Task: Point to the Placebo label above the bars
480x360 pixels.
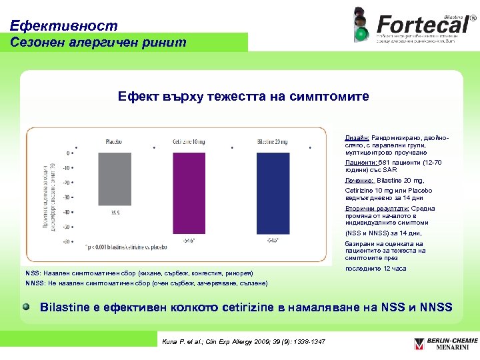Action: pyautogui.click(x=113, y=141)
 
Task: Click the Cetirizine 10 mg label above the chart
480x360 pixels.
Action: pyautogui.click(x=192, y=141)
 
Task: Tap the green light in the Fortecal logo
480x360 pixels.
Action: pyautogui.click(x=361, y=33)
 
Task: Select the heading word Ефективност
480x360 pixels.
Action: pyautogui.click(x=64, y=26)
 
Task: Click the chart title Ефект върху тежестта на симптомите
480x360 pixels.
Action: pyautogui.click(x=243, y=97)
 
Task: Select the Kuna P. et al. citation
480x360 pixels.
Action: pyautogui.click(x=244, y=342)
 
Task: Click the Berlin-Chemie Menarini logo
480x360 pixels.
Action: pyautogui.click(x=441, y=345)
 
